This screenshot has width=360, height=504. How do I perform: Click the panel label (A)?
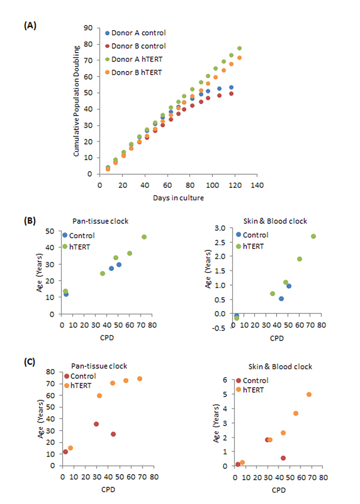(x=30, y=26)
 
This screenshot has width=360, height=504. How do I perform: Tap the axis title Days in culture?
(x=178, y=198)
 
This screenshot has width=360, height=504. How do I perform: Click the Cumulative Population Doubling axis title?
(x=76, y=101)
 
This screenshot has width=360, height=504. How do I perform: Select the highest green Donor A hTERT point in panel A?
(x=239, y=48)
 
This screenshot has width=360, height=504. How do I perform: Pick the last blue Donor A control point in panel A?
(x=231, y=87)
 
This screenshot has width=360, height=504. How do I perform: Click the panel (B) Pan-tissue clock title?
(x=100, y=221)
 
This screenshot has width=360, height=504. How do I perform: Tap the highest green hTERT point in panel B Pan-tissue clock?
(x=144, y=237)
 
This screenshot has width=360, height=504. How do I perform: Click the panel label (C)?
(x=30, y=362)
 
